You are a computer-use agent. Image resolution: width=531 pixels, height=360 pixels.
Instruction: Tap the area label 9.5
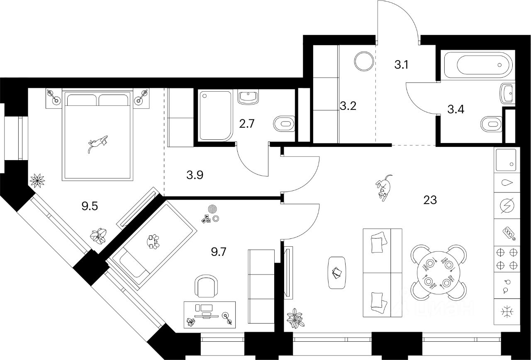tap(89, 206)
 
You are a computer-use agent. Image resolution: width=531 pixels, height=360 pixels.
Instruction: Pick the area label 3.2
tap(348, 106)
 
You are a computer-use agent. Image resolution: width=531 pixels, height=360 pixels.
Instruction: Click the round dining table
tap(438, 272)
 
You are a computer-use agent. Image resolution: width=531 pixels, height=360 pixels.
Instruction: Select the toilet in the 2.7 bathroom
tap(284, 123)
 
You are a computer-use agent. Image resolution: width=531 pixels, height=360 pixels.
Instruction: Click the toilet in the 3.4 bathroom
tap(491, 123)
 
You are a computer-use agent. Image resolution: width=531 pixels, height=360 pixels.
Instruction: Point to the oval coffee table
tap(337, 272)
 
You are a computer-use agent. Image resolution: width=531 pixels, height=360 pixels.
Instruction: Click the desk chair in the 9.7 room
tap(206, 286)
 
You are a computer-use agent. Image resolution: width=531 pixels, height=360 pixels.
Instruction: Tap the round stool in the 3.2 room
tap(365, 61)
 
